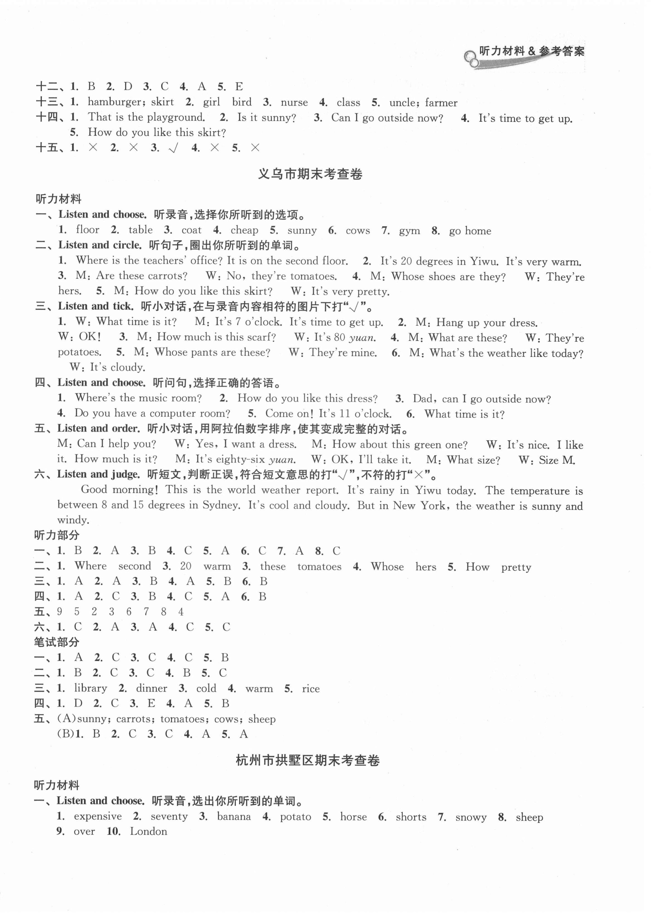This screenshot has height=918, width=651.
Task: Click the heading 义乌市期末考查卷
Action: pyautogui.click(x=310, y=174)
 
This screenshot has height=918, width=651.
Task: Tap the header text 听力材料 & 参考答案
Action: pyautogui.click(x=532, y=51)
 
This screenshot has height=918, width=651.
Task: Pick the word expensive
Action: pyautogui.click(x=98, y=816)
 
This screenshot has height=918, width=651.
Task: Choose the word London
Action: pyautogui.click(x=148, y=832)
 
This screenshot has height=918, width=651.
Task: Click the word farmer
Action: pyautogui.click(x=441, y=103)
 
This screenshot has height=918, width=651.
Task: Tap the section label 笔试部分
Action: pyautogui.click(x=57, y=642)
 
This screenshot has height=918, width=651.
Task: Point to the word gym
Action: pyautogui.click(x=409, y=231)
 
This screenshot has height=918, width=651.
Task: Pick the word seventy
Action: pyautogui.click(x=169, y=816)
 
